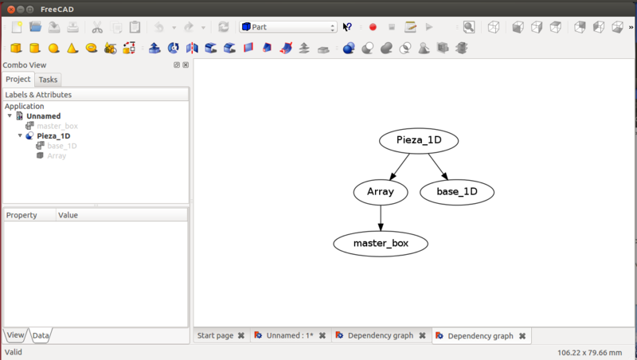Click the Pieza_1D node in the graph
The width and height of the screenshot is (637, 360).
tap(419, 141)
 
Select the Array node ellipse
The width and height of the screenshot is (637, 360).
tap(381, 192)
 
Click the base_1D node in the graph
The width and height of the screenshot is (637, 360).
tap(457, 192)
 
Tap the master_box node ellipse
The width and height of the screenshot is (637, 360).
tap(381, 243)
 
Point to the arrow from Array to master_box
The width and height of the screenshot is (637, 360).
tap(381, 217)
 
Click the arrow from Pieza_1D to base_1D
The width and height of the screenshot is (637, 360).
tap(438, 166)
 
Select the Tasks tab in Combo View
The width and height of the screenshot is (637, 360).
tap(48, 80)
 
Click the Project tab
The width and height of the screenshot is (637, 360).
tap(18, 80)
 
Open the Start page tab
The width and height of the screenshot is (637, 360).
tap(220, 336)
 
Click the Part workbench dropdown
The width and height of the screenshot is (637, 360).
tap(288, 27)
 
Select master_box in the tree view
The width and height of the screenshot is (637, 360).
tap(57, 126)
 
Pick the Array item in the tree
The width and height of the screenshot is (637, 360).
tap(57, 155)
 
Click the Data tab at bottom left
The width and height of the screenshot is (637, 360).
tap(41, 335)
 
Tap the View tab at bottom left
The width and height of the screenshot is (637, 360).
tap(15, 335)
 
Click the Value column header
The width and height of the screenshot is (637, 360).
tap(68, 215)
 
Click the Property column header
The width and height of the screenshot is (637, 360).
tap(21, 215)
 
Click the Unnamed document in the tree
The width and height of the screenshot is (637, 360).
tap(43, 116)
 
